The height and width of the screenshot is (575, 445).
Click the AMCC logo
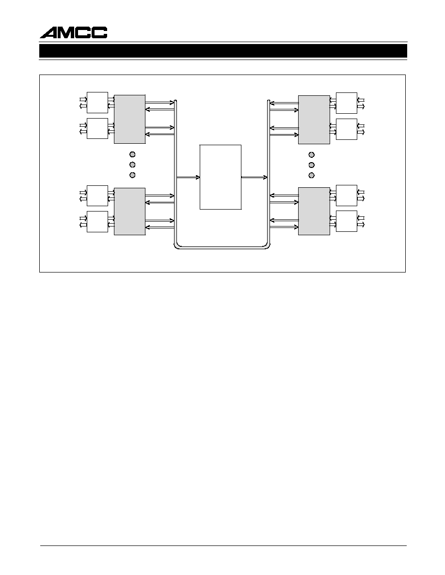(x=73, y=32)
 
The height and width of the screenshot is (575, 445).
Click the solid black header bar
(x=223, y=51)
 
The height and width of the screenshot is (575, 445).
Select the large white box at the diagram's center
(x=220, y=177)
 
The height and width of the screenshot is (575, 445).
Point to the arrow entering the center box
(x=188, y=178)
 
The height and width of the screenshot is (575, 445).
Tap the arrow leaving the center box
(x=254, y=178)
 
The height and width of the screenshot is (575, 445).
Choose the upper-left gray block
(x=129, y=119)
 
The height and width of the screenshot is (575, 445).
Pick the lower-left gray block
(x=129, y=211)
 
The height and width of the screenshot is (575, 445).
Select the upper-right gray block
(x=314, y=120)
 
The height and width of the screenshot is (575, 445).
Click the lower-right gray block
(x=314, y=211)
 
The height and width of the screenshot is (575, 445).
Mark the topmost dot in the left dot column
(x=132, y=154)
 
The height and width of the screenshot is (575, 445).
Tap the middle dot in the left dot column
(x=132, y=165)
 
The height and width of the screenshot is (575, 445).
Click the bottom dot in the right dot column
(x=312, y=175)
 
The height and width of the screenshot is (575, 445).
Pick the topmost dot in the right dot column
(x=312, y=155)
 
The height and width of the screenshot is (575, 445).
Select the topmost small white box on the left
(x=97, y=103)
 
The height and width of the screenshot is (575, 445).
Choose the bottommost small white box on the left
(x=97, y=222)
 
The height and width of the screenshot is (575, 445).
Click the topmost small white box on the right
(x=347, y=103)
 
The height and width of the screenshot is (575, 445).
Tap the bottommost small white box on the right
(x=347, y=221)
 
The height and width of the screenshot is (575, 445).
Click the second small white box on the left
(x=97, y=128)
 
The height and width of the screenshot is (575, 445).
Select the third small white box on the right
(x=347, y=196)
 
